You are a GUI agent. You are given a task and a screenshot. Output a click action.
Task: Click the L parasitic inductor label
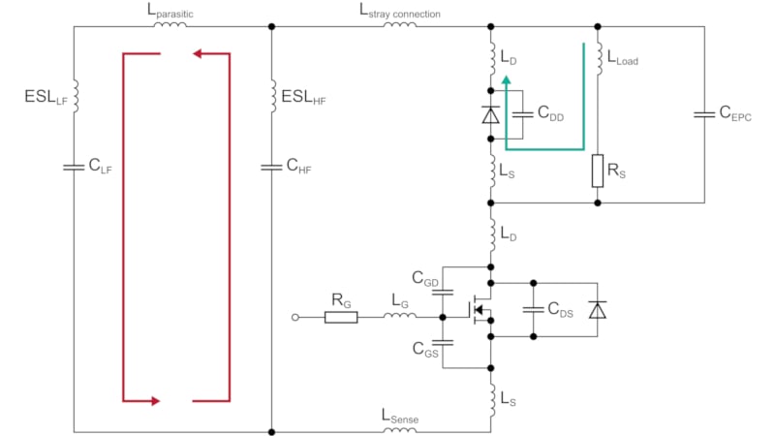click(x=170, y=11)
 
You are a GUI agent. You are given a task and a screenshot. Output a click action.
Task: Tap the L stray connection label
click(x=399, y=11)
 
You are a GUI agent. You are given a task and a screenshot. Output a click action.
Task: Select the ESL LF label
click(x=46, y=97)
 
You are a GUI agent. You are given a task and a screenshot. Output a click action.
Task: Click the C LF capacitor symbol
click(x=74, y=168)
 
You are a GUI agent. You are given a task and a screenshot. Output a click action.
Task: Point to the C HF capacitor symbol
click(x=271, y=168)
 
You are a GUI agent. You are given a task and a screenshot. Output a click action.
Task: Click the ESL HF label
click(x=303, y=97)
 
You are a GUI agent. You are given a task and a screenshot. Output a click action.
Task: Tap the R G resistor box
click(x=341, y=318)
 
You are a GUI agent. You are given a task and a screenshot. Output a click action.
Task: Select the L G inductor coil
click(x=400, y=315)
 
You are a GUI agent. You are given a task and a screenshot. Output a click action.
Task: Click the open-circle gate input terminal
click(x=295, y=318)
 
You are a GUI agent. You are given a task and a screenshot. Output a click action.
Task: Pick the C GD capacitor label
click(x=425, y=279)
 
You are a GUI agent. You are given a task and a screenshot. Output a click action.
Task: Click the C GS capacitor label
click(x=425, y=350)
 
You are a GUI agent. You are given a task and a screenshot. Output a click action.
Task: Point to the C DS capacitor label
click(x=561, y=310)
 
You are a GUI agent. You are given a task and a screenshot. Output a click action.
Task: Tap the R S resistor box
click(x=598, y=171)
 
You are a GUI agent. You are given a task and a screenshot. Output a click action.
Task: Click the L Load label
click(x=622, y=58)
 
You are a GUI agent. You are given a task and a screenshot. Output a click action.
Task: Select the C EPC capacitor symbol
click(x=704, y=114)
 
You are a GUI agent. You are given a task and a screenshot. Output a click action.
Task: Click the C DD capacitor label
click(x=550, y=113)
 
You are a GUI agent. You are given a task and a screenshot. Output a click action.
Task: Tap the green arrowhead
click(x=506, y=81)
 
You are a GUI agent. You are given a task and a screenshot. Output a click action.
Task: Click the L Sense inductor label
click(x=400, y=417)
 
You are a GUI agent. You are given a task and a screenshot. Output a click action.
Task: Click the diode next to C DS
click(x=598, y=310)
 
